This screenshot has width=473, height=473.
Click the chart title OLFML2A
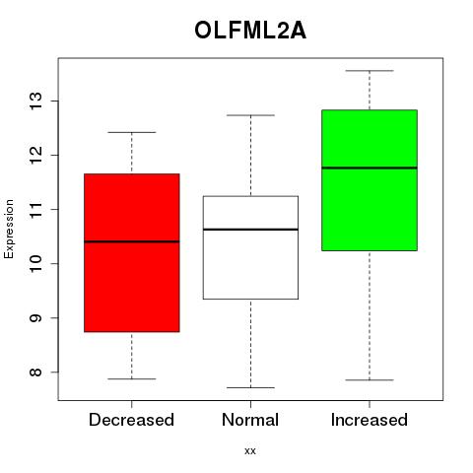point(250,31)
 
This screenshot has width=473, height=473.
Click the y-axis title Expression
point(9,230)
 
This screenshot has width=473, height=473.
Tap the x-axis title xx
point(250,451)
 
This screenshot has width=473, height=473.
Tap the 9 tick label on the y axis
point(35,317)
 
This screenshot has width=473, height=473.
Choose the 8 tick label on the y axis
point(35,372)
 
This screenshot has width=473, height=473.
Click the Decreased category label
point(131,420)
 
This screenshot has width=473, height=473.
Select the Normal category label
point(250,420)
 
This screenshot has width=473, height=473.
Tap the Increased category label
point(370,420)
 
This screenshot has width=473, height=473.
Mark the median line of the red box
point(132,241)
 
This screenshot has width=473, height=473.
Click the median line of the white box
point(250,230)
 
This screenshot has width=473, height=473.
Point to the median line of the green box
point(370,168)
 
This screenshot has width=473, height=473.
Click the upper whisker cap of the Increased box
point(370,71)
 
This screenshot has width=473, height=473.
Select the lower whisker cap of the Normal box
point(250,387)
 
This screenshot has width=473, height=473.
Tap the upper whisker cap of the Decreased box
point(132,132)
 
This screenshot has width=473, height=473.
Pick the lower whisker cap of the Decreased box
point(132,378)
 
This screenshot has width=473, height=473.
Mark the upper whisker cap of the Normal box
point(250,115)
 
